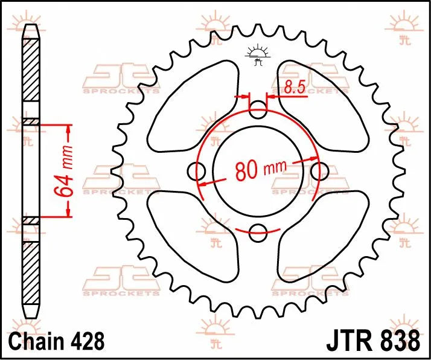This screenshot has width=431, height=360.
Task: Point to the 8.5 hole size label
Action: (293, 89)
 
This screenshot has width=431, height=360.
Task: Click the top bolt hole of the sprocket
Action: (258, 111)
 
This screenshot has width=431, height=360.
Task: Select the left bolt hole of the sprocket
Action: (197, 172)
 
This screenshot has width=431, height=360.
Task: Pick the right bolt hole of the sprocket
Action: (318, 172)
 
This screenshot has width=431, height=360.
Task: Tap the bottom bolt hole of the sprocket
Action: (258, 231)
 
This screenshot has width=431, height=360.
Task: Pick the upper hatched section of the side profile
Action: (31, 79)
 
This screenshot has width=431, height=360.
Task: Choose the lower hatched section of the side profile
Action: (31, 266)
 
